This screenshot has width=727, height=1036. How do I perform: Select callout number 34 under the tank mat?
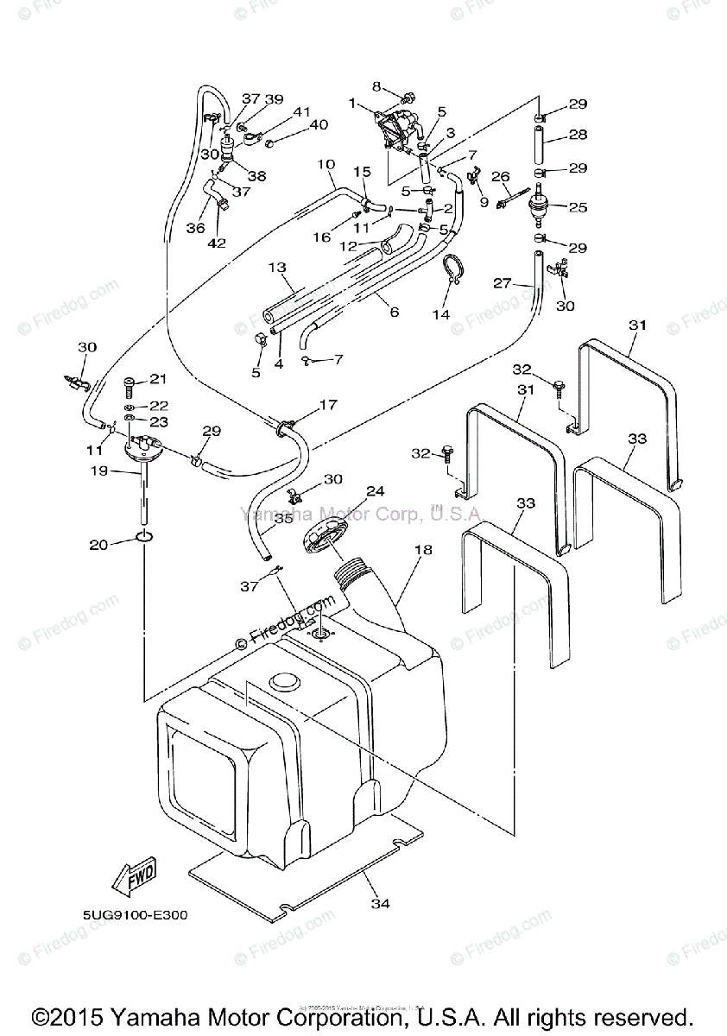380,903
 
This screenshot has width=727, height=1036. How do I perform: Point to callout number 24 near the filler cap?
374,491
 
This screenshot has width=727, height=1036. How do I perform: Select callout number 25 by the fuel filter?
578,207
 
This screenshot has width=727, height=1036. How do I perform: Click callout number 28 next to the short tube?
578,136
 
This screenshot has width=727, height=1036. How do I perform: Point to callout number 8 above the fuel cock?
376,85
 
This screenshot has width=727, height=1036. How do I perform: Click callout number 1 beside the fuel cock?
352,103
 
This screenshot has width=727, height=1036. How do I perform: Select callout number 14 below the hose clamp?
441,314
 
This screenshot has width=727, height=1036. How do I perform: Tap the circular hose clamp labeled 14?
453,268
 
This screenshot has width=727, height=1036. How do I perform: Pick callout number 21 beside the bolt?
157,379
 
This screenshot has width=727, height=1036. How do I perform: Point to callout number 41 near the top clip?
301,112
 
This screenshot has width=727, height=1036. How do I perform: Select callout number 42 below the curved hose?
217,243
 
